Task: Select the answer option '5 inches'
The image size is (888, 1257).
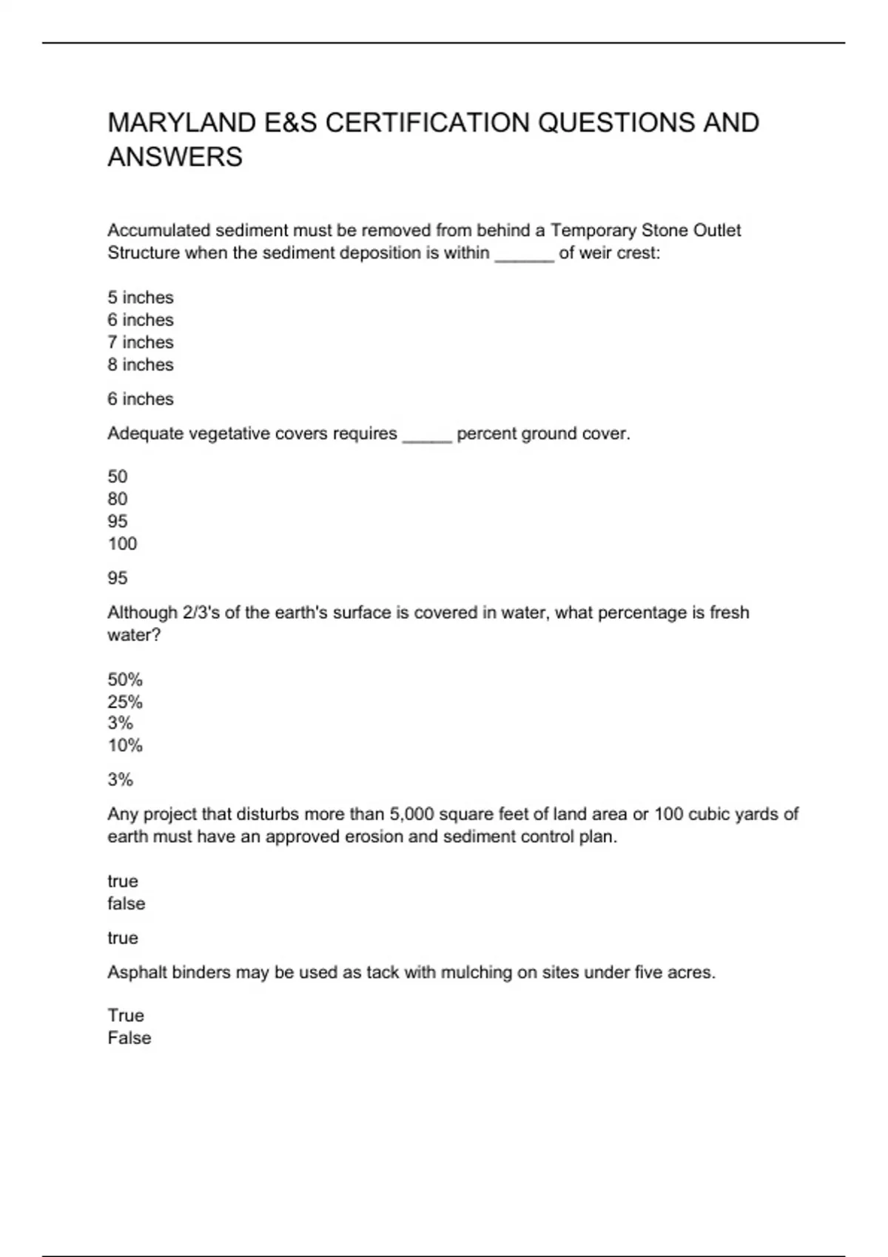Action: (x=141, y=297)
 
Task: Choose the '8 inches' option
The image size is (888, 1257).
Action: (x=141, y=365)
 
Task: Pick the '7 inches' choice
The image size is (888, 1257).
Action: (x=141, y=342)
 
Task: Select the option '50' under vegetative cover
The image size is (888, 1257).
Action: (x=118, y=476)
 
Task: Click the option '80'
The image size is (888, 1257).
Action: (x=118, y=499)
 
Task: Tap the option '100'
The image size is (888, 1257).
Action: (x=123, y=544)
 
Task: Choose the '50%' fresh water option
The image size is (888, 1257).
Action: (x=125, y=680)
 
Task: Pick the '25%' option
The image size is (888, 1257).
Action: (x=125, y=702)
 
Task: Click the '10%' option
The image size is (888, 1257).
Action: (x=125, y=745)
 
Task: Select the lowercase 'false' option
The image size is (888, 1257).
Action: (x=127, y=904)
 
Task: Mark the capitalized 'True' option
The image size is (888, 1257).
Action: (x=126, y=1015)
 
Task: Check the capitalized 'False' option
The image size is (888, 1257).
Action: (x=129, y=1038)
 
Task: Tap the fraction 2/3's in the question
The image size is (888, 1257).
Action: (x=198, y=612)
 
